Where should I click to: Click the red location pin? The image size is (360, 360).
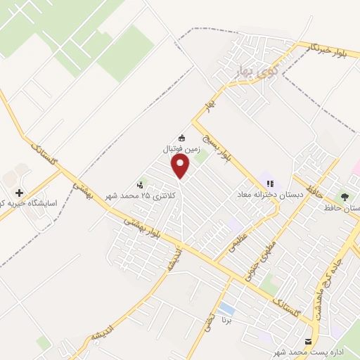click(x=181, y=166)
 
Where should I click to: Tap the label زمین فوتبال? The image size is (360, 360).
click(x=182, y=149)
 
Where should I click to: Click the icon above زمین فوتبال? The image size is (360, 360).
click(x=182, y=138)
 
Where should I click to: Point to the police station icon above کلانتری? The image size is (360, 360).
click(x=149, y=184)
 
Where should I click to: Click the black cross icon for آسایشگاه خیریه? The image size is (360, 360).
click(x=19, y=192)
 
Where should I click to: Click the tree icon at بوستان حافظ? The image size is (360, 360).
click(x=344, y=197)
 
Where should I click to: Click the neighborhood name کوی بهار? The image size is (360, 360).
click(x=255, y=72)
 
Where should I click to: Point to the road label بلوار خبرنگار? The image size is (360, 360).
click(x=331, y=49)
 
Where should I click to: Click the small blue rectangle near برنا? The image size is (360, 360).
click(x=226, y=309)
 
